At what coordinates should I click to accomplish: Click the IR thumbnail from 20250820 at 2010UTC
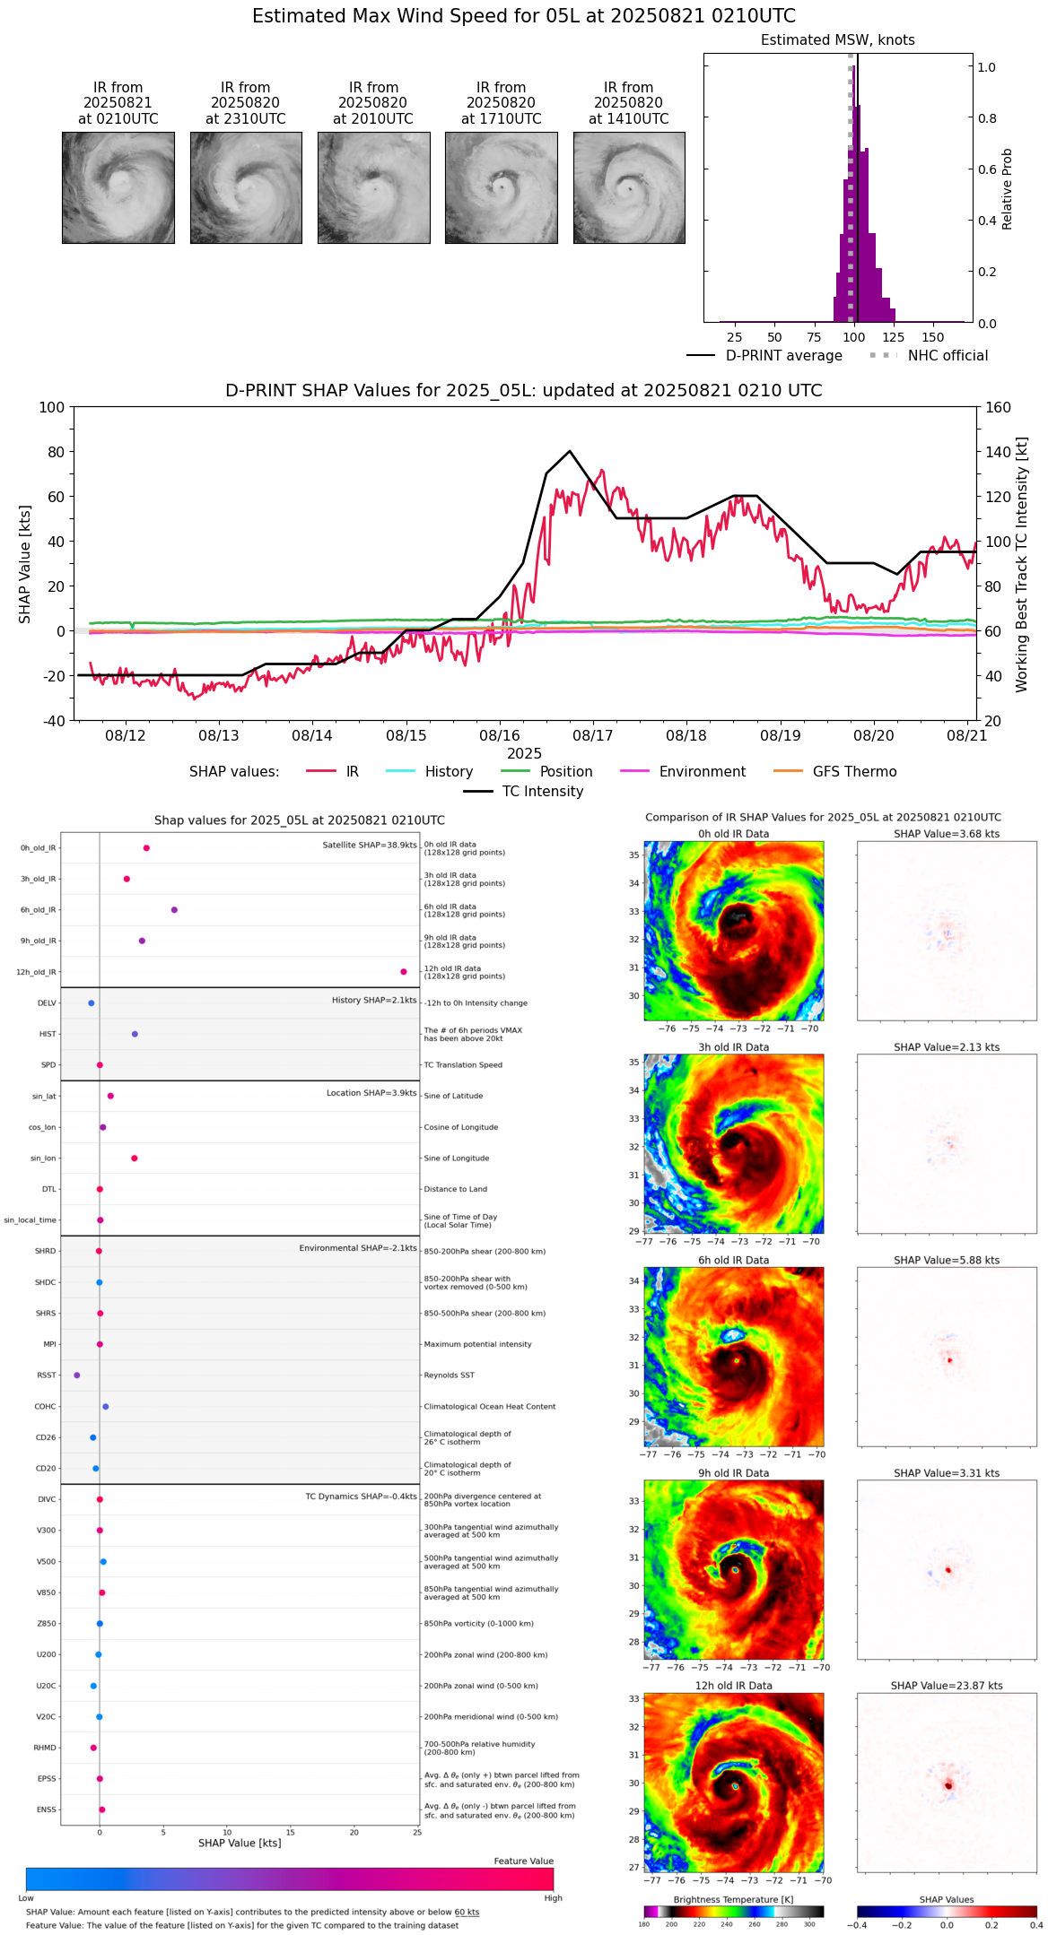pos(373,187)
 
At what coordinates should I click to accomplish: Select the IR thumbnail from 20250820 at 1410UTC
pos(629,187)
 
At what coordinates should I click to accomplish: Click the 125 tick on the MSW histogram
pos(893,337)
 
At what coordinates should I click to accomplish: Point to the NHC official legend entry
pos(947,356)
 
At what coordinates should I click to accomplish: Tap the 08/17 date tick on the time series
pos(593,735)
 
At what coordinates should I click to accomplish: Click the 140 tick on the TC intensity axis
pos(998,452)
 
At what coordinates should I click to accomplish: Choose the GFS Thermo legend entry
pos(854,772)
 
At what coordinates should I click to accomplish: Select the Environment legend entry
pos(702,772)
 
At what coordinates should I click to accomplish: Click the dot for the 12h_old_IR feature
pos(404,972)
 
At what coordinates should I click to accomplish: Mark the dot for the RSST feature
pos(77,1375)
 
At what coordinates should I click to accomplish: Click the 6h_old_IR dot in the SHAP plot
pos(174,910)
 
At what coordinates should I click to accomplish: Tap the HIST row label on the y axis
pos(48,1034)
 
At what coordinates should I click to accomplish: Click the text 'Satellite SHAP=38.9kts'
pos(370,845)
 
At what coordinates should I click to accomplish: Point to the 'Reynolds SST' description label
pos(450,1375)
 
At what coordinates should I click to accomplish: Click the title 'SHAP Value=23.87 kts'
pos(947,1686)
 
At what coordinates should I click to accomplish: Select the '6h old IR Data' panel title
pos(733,1260)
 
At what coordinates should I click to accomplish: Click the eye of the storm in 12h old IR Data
pos(735,1785)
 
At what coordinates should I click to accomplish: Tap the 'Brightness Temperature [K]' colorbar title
pos(733,1899)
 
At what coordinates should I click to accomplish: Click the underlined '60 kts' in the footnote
pos(467,1913)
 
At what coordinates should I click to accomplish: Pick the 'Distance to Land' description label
pos(456,1189)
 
